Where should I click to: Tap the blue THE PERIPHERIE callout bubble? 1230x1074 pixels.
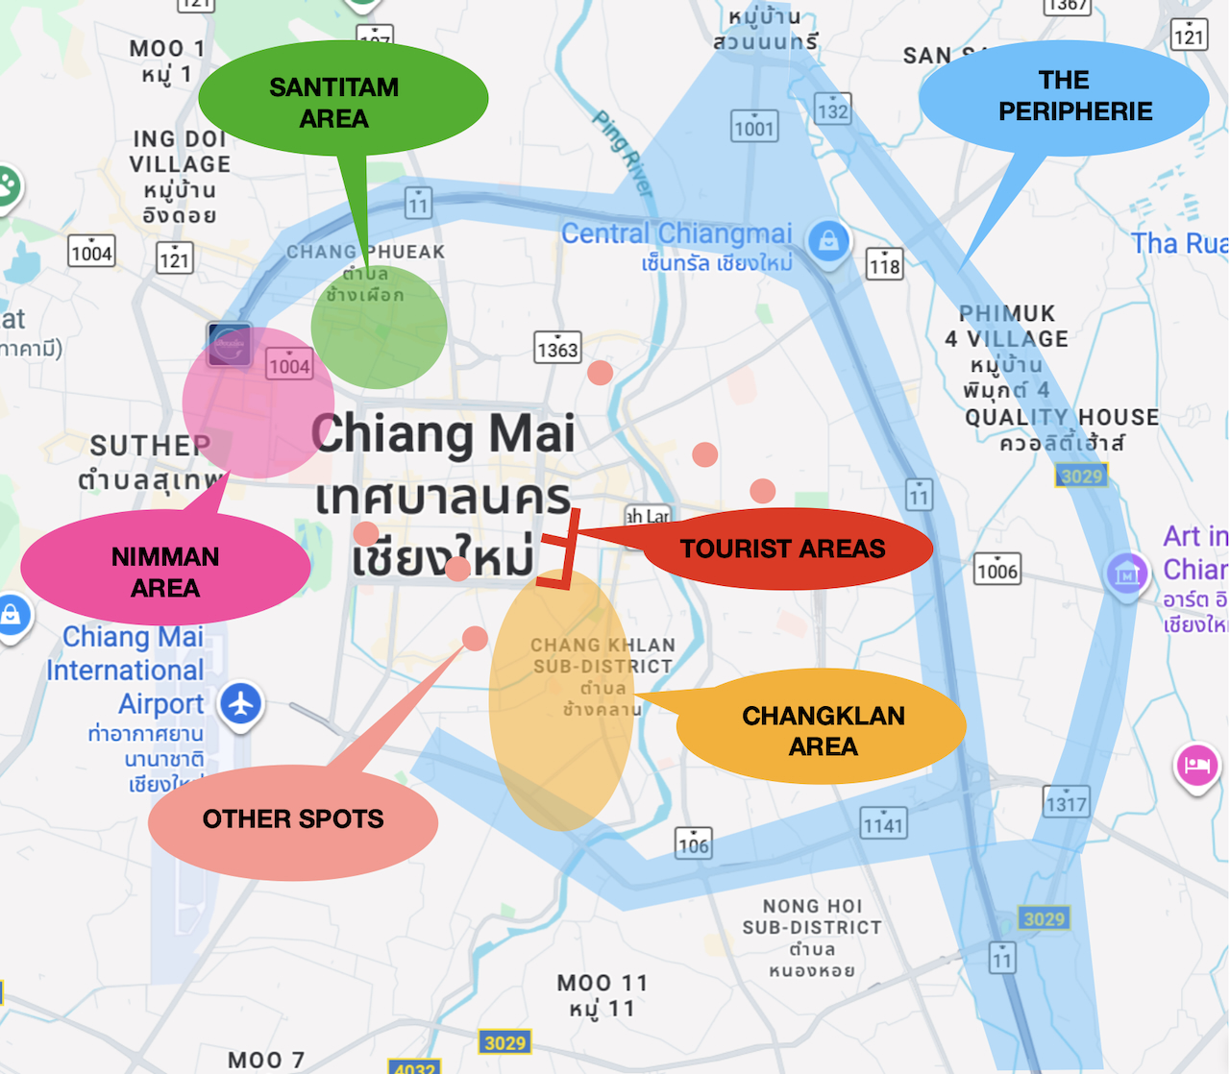point(1064,97)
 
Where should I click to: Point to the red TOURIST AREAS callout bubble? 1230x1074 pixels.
point(783,549)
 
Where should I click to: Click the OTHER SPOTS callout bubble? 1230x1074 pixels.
point(293,819)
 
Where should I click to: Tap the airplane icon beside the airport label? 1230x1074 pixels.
point(241,703)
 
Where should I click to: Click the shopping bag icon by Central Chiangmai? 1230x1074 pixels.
point(828,240)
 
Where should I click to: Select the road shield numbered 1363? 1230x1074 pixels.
point(557,349)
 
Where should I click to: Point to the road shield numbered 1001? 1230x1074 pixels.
point(754,127)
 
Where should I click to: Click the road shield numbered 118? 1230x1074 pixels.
point(884,264)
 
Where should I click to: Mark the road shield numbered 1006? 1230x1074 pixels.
point(996,570)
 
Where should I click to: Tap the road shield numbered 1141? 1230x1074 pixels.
point(883,823)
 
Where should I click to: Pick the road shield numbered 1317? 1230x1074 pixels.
point(1066,802)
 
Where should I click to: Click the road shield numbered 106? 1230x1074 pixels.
point(693,843)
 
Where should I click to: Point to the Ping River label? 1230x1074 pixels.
point(623,154)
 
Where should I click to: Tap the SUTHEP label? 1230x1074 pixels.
point(149,446)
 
